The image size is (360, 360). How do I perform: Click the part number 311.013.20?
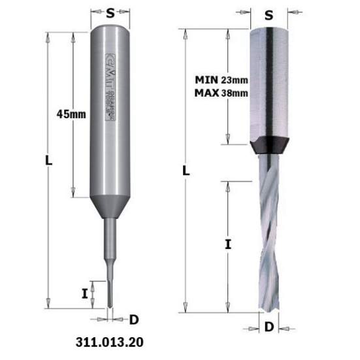[x=106, y=341]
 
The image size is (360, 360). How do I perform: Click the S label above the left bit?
[x=110, y=11]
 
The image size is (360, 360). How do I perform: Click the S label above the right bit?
[x=268, y=14]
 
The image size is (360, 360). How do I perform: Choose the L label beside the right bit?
[x=186, y=171]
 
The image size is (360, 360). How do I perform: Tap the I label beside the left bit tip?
[x=85, y=293]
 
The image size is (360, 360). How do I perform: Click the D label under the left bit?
[x=134, y=319]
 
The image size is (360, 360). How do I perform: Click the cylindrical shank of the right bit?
[x=268, y=78]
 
